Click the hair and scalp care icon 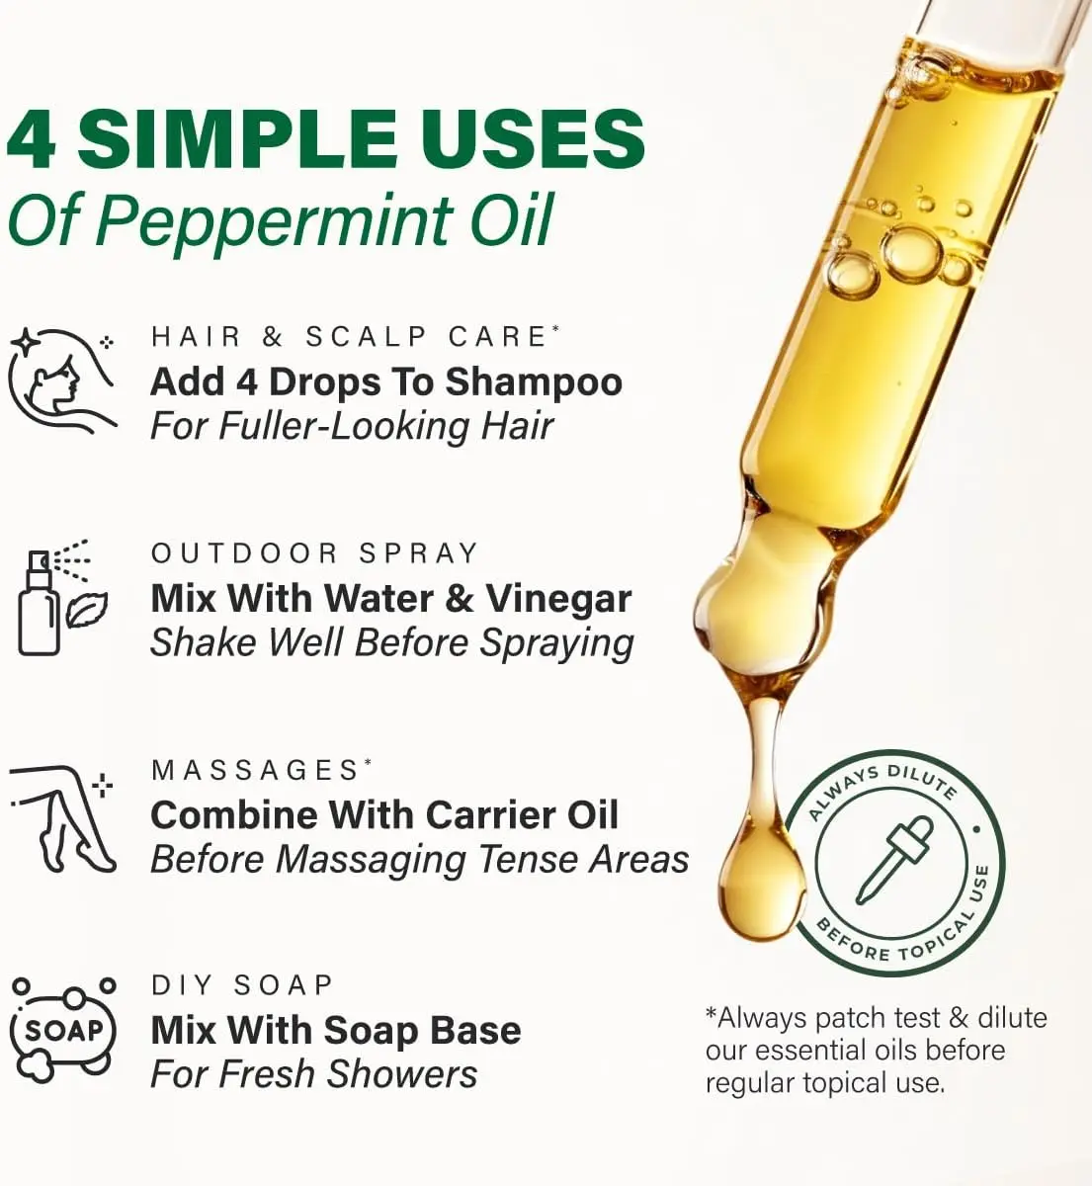pyautogui.click(x=62, y=381)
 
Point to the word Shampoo pyautogui.click(x=534, y=384)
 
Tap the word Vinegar pyautogui.click(x=558, y=601)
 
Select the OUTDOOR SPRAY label pyautogui.click(x=314, y=553)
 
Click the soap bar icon pyautogui.click(x=63, y=1031)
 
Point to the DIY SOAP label pyautogui.click(x=242, y=985)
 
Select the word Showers pyautogui.click(x=402, y=1074)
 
